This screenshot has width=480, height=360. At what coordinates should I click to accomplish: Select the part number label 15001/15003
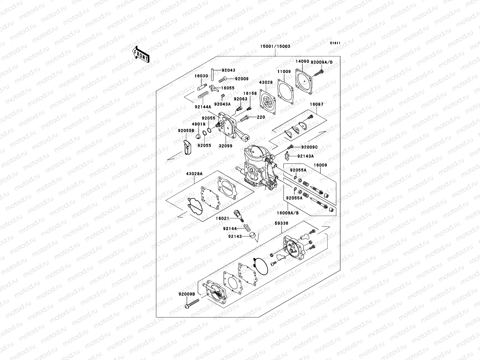tap(275, 46)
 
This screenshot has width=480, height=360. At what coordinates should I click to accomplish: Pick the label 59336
tap(281, 223)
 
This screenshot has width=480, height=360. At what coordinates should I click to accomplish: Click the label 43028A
tap(194, 174)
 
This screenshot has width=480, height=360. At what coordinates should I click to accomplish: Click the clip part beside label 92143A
tap(287, 156)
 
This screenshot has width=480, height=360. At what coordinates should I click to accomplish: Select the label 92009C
tap(309, 147)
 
